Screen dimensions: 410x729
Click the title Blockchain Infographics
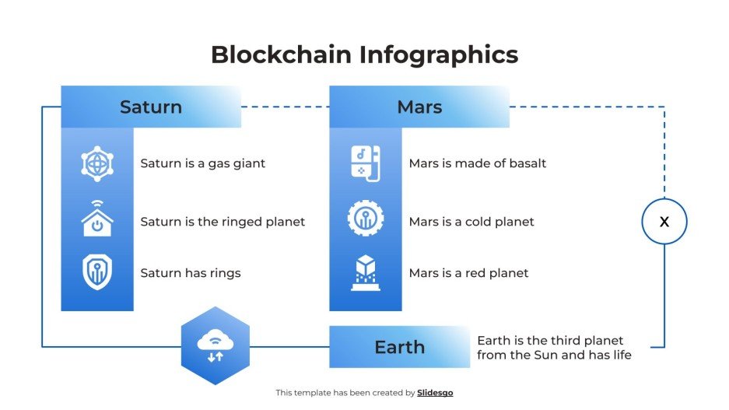point(364,54)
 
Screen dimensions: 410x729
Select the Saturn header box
point(151,107)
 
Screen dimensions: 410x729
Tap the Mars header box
point(419,107)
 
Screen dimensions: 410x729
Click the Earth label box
point(400,347)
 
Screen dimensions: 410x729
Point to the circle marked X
point(664,222)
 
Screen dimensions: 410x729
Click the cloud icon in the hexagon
point(214,345)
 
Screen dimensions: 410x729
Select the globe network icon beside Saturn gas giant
point(97,163)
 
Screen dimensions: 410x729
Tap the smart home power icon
point(97,219)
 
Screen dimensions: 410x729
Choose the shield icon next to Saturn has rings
point(97,272)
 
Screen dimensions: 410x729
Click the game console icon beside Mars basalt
point(366,163)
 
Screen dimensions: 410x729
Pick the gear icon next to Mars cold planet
point(366,219)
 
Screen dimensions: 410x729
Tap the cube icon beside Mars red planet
point(366,272)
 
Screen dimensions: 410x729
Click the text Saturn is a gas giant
point(202,163)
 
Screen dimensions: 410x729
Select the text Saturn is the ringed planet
point(223,222)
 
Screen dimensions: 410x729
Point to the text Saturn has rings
point(191,273)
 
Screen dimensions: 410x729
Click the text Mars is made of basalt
point(478,163)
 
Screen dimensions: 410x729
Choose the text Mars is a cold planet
point(471,222)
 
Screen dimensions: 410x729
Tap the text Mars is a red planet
point(468,273)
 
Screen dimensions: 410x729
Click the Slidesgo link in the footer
point(435,393)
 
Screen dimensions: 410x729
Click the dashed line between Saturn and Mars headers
point(285,107)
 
